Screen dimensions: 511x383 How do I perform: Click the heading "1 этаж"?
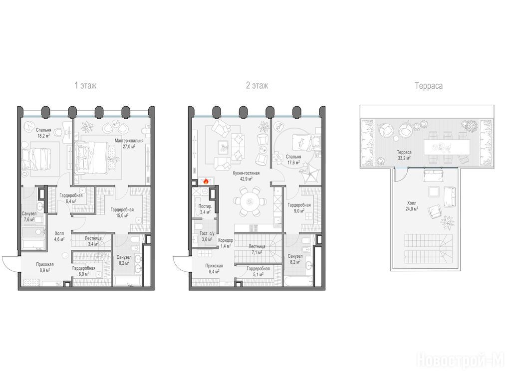point(85,86)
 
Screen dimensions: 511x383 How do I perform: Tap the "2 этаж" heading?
point(257,86)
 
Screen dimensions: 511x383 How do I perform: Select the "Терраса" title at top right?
point(429,86)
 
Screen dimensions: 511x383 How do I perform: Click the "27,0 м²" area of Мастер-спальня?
point(129,147)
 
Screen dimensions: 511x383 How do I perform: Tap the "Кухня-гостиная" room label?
point(246,173)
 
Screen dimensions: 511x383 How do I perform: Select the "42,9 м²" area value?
point(246,179)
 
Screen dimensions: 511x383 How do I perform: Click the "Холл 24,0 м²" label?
point(412,206)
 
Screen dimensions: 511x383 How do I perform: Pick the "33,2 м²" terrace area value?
point(404,158)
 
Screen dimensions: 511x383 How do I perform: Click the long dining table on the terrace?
point(447,147)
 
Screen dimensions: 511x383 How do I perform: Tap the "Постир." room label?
point(205,206)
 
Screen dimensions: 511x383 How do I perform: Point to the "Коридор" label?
point(226,240)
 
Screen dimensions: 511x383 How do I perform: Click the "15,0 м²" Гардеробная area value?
point(122,215)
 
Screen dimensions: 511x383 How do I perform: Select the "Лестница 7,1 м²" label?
point(256,249)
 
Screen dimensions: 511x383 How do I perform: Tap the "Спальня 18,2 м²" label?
point(43,133)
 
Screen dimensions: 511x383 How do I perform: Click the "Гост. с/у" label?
point(207,233)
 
